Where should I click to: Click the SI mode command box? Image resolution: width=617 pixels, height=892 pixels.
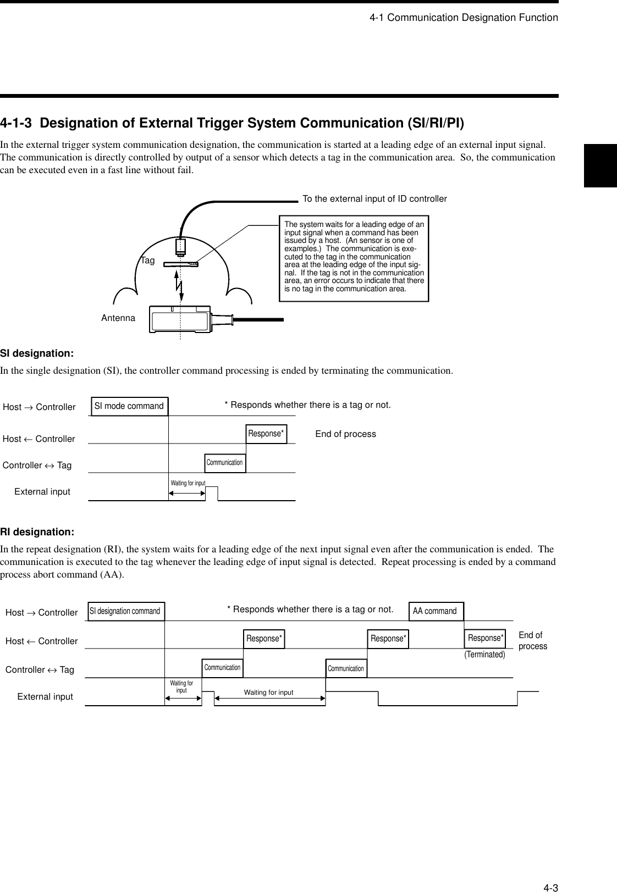pos(129,406)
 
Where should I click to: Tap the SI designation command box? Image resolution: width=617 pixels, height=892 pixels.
pos(125,611)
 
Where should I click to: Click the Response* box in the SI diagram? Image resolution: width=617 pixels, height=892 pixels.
pos(266,434)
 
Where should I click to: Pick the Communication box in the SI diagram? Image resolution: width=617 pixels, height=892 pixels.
pos(224,463)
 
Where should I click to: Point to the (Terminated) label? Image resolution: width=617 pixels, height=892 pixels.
pos(484,655)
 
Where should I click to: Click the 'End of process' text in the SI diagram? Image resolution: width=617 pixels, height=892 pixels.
pos(345,434)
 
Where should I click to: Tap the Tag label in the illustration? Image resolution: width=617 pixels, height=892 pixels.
pos(147,261)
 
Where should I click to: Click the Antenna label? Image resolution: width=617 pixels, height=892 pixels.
pos(118,318)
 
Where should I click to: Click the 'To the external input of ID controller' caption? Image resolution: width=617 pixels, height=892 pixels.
pos(374,198)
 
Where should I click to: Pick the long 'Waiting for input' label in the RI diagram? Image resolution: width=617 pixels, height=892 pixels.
pos(268,692)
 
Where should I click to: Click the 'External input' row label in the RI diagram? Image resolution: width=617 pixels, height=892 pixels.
pos(45,696)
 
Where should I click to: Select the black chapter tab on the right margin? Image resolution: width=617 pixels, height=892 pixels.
pos(600,165)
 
